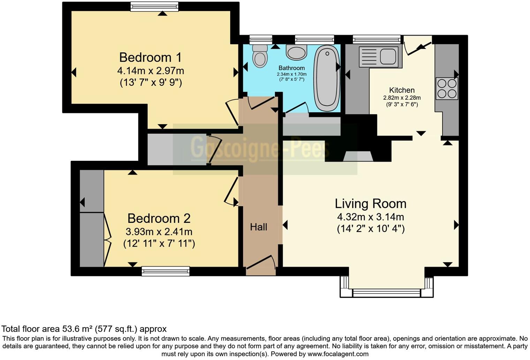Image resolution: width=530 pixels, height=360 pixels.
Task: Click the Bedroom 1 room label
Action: (x=150, y=57)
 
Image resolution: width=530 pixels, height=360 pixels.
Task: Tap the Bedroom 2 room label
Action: (x=159, y=218)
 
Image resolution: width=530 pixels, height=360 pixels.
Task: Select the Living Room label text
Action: (x=370, y=204)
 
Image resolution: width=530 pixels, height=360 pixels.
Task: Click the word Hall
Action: (x=258, y=227)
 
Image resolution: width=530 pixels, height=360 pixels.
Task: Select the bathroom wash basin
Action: (x=297, y=52)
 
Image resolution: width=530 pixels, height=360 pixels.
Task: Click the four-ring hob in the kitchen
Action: (x=447, y=89)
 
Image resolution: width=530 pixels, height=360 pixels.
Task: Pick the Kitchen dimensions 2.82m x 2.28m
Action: (x=402, y=98)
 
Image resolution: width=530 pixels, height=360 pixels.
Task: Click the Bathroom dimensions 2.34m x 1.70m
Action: (x=291, y=74)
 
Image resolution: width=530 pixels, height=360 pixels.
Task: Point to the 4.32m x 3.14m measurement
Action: (x=370, y=217)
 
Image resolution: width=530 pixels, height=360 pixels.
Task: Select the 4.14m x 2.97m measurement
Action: (x=150, y=71)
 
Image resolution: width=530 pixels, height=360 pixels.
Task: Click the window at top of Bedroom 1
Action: (x=154, y=6)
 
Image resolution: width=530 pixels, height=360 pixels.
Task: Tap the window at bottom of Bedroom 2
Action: (x=166, y=271)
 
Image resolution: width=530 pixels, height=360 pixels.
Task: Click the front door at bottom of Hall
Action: (x=260, y=264)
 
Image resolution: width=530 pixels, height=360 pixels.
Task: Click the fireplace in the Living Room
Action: (x=358, y=156)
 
